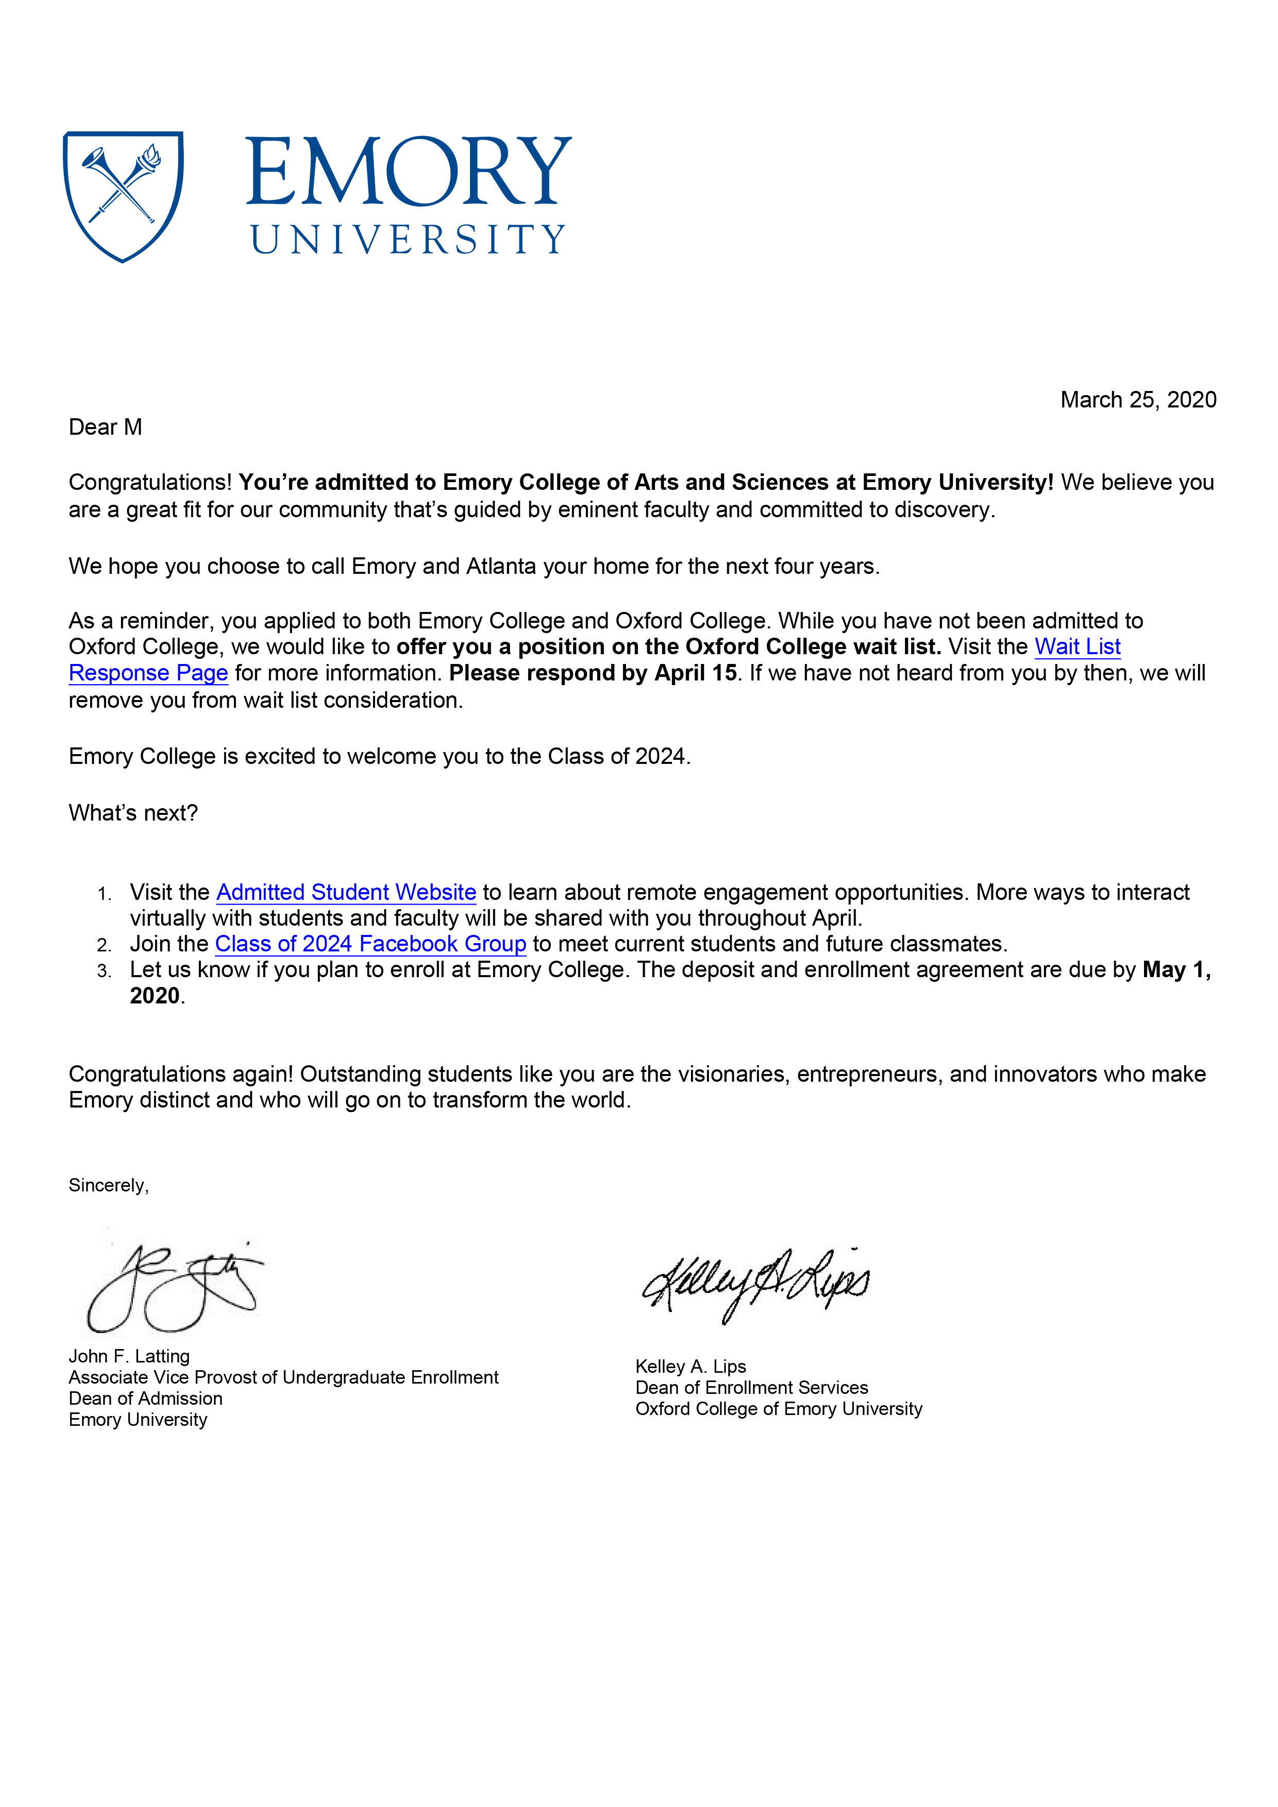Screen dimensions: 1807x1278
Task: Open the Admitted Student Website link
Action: click(346, 893)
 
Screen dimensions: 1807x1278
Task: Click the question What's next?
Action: click(133, 813)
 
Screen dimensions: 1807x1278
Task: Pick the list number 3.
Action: click(104, 971)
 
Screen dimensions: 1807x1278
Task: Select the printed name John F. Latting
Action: click(129, 1356)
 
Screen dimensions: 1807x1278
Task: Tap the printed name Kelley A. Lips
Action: click(691, 1366)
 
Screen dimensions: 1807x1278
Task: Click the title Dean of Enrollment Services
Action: click(751, 1388)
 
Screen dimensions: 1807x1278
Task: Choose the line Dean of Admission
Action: click(146, 1399)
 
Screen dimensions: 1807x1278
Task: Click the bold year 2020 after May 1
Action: click(155, 996)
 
